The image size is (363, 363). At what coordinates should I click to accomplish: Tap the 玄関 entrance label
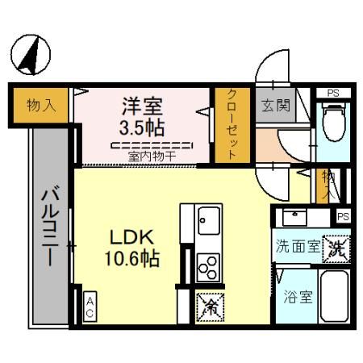point(272,104)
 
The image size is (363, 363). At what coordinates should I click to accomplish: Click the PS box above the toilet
point(332,93)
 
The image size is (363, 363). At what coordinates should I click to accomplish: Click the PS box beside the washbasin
point(343,216)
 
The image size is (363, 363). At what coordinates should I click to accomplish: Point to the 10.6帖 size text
point(130,260)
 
